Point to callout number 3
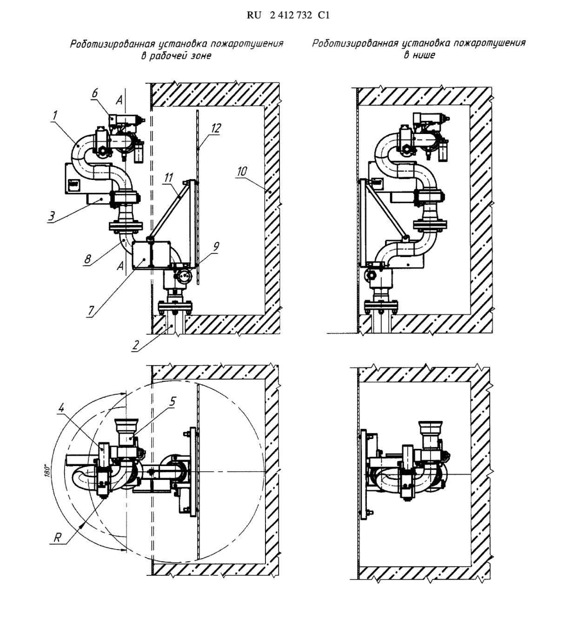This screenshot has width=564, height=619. coord(52,216)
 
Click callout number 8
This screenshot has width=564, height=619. coord(87,258)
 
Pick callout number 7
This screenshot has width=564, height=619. coord(91,310)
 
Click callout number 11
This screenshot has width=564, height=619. coord(168,178)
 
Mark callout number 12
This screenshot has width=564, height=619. coord(216,127)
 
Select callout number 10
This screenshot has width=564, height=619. coord(242,171)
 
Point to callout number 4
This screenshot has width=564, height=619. coord(61,409)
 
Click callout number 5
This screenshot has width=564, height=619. coord(172,401)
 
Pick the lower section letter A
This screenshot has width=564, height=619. coord(120,266)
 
